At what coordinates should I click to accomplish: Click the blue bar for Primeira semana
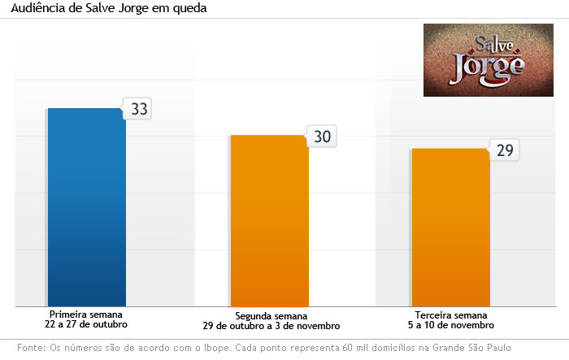coord(87,206)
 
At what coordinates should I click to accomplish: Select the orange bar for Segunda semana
coord(269,220)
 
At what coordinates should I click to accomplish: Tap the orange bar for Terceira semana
coord(450,227)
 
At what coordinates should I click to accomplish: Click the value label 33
coord(139,109)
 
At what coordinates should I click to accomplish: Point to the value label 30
coord(322,137)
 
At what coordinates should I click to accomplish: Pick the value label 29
coord(504,150)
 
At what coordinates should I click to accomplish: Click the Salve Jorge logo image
coord(489,60)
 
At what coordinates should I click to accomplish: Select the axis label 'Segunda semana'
coord(271,316)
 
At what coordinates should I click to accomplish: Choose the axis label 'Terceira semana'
coord(451,315)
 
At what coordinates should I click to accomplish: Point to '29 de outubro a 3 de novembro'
coord(271,326)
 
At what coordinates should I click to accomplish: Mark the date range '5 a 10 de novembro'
coord(451,325)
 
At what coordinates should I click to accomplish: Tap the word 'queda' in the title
coord(188,9)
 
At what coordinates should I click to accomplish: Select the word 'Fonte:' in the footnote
coord(30,348)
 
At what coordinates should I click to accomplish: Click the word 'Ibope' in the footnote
coord(200,348)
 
